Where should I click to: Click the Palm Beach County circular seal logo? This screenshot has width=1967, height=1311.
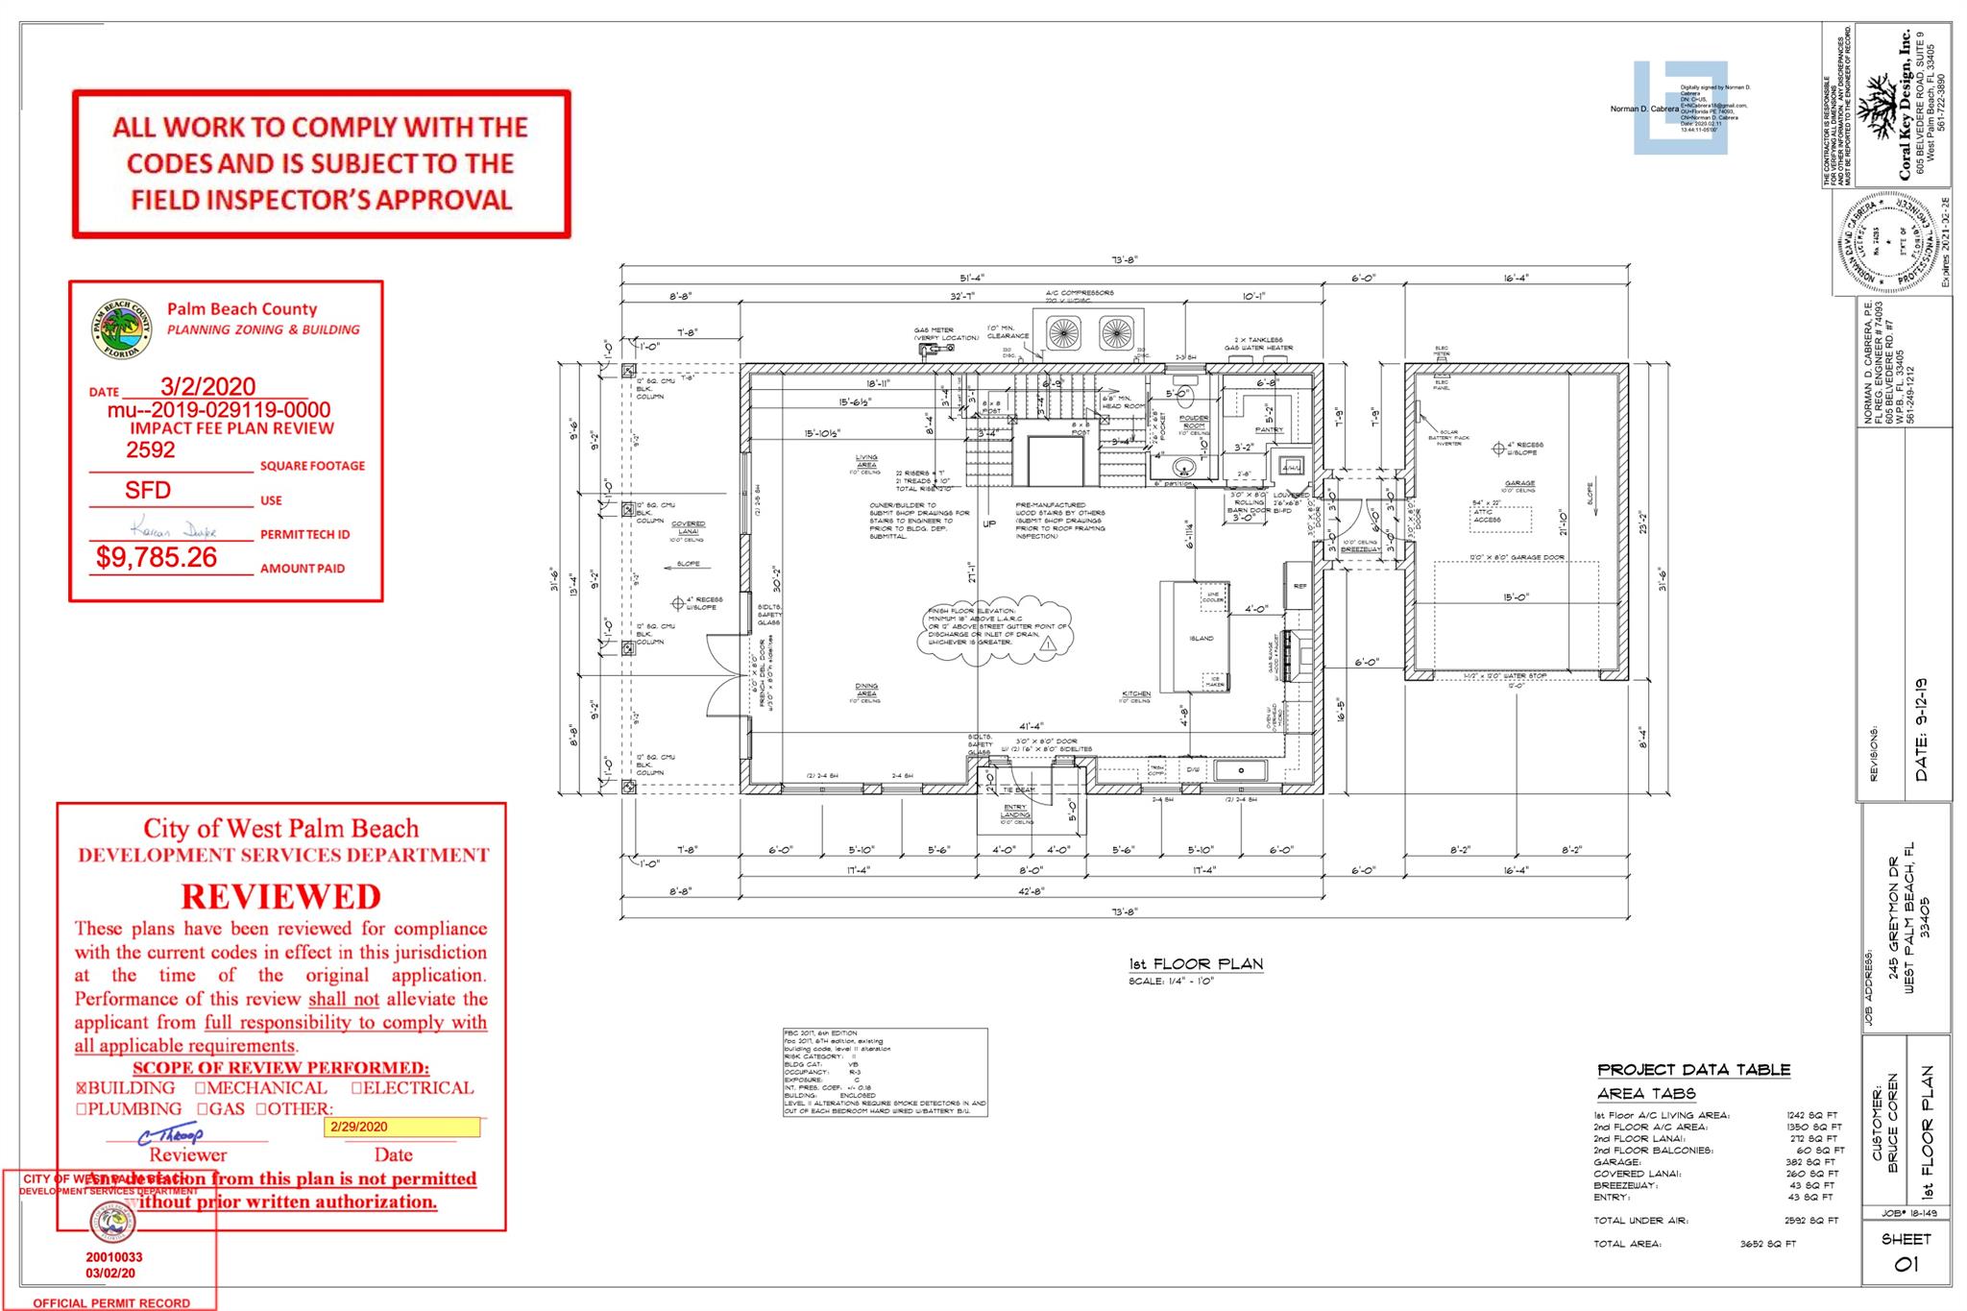pos(123,330)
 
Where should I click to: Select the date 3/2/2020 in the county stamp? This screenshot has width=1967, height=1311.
pos(207,386)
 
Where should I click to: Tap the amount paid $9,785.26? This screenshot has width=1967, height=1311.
pos(157,558)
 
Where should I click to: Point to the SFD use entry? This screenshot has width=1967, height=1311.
pos(148,490)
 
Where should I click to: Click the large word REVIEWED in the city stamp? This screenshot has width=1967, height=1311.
pos(281,896)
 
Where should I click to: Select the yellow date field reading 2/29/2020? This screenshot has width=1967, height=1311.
pos(401,1128)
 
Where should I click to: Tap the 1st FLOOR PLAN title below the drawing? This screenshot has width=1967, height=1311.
pos(1196,964)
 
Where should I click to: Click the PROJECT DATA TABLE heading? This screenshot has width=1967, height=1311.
pos(1693,1070)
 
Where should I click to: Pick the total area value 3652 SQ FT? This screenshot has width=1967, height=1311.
pos(1767,1244)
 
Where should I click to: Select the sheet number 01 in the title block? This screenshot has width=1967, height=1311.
pos(1906,1264)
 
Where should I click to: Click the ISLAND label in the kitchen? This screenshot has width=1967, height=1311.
pos(1201,638)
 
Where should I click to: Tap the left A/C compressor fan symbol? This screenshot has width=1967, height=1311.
pos(1063,333)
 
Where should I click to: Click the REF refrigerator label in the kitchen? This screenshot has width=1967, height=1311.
pos(1300,586)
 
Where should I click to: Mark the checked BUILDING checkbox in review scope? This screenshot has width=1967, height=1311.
pos(82,1088)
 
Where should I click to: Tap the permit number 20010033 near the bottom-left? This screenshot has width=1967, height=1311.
pos(113,1256)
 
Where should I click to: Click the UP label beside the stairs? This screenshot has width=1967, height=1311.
pos(989,524)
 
